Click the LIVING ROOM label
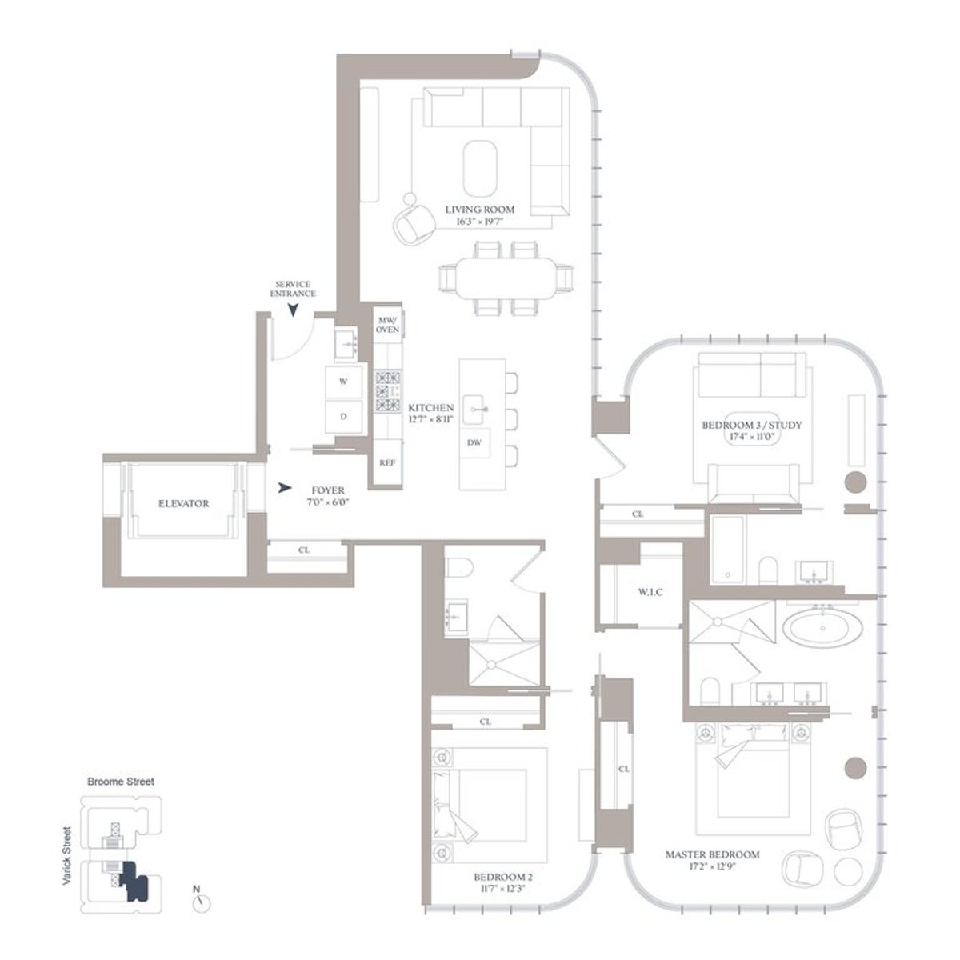[x=480, y=210]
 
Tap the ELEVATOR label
[x=183, y=504]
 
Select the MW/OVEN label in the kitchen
[x=388, y=324]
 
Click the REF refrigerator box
[x=387, y=462]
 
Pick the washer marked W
[x=343, y=382]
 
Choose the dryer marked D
[x=343, y=417]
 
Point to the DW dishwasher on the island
[x=474, y=442]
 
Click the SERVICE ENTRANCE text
[x=294, y=289]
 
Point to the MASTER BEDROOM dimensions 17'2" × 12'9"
[x=713, y=866]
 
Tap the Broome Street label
[x=119, y=782]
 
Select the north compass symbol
[x=201, y=902]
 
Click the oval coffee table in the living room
[x=480, y=166]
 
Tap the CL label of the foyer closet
[x=304, y=550]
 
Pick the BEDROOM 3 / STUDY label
[x=751, y=425]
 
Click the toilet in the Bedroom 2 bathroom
[x=460, y=569]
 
